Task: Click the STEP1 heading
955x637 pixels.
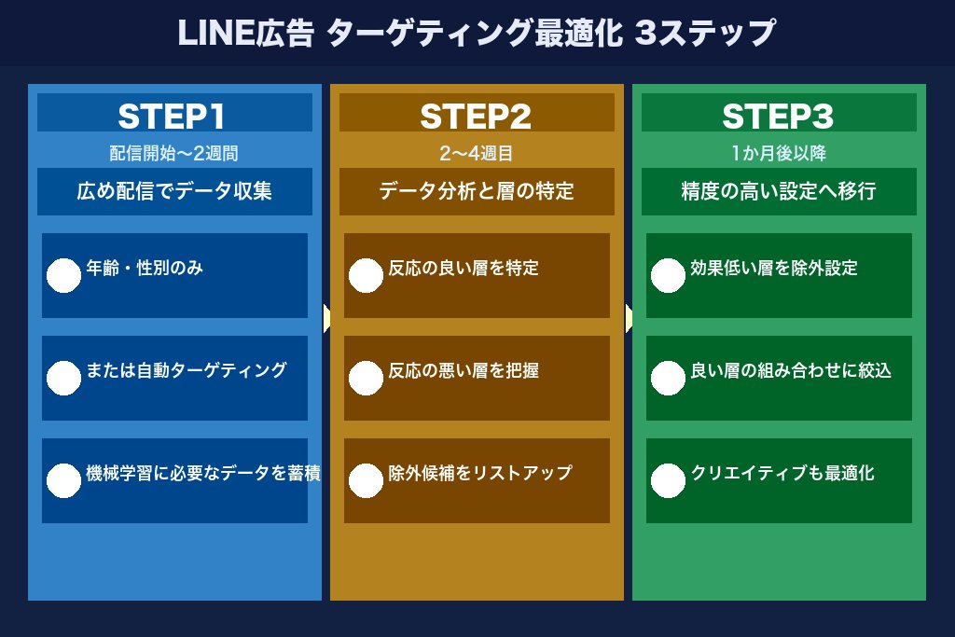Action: (174, 116)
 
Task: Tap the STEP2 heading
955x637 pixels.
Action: (476, 116)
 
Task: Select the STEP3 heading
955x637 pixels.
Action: (778, 116)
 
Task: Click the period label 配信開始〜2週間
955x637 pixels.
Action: (174, 153)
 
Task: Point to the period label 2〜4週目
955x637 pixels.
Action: (476, 153)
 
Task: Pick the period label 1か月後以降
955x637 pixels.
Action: (778, 153)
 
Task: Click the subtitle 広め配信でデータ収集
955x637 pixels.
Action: (174, 192)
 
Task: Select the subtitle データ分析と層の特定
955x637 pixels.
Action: (476, 192)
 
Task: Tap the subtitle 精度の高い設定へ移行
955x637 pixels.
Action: (778, 192)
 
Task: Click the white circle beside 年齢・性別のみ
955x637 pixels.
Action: (63, 275)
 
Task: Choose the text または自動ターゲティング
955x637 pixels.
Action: (186, 370)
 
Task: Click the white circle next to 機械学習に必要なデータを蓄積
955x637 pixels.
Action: (63, 480)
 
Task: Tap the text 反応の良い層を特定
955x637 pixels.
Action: (464, 269)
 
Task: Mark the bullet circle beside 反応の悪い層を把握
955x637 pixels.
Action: (366, 378)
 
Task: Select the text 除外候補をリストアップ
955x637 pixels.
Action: (480, 473)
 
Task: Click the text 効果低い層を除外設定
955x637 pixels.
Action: (774, 269)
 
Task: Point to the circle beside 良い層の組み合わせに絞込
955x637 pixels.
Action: (668, 378)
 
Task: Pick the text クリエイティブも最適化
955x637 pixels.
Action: (782, 473)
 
